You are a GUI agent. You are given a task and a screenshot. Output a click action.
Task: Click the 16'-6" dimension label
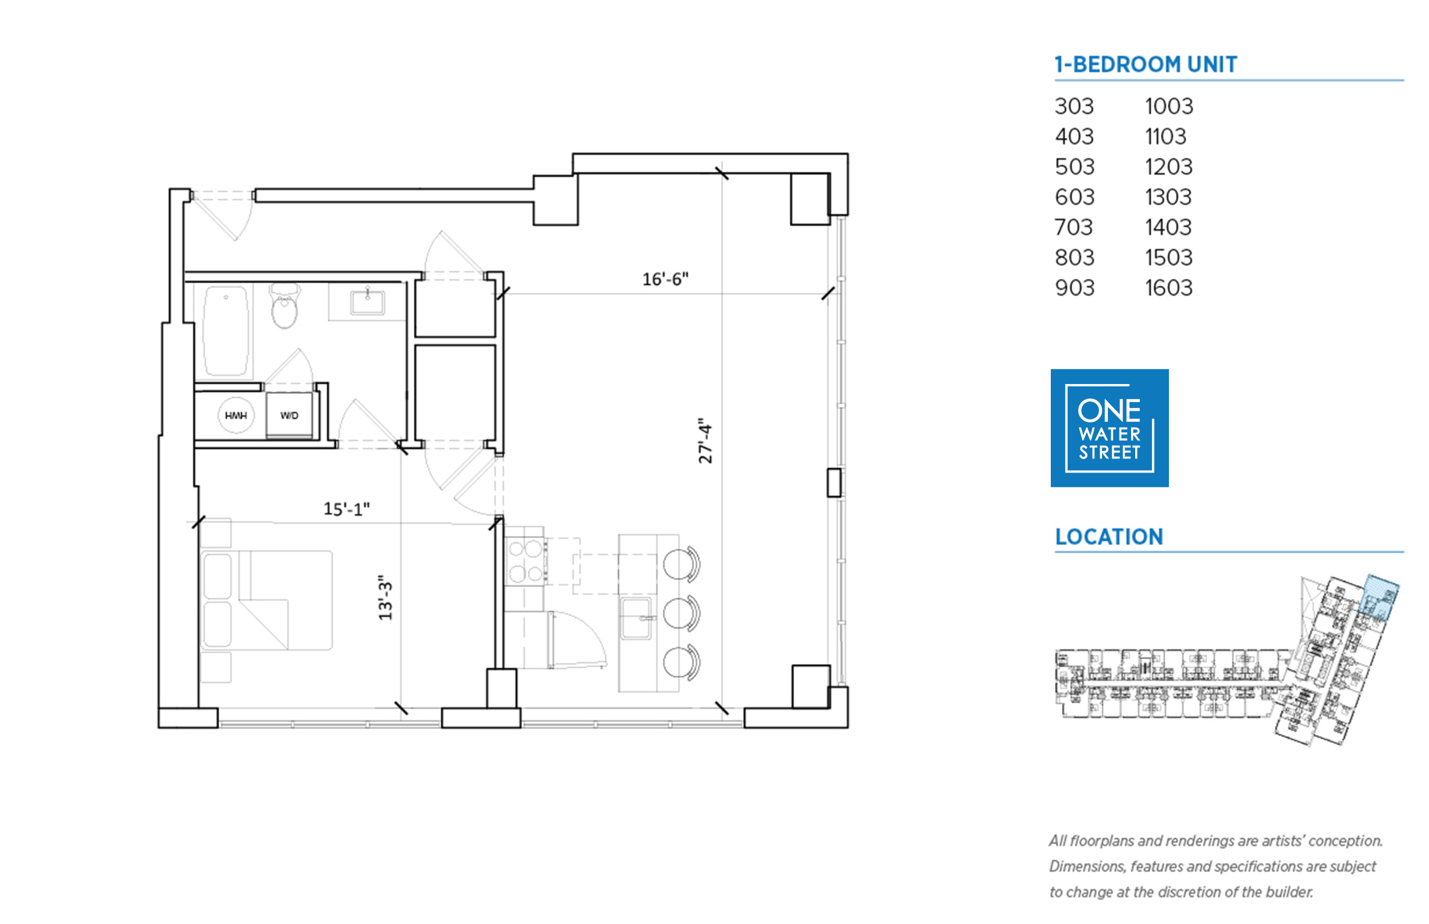(664, 279)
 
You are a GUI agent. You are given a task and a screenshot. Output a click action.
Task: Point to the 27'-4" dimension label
(705, 440)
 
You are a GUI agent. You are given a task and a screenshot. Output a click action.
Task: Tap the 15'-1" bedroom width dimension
(346, 509)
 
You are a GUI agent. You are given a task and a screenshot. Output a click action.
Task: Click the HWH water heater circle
(236, 415)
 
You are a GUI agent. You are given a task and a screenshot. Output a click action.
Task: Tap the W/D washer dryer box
(289, 415)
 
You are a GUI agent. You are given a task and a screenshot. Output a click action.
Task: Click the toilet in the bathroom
(285, 305)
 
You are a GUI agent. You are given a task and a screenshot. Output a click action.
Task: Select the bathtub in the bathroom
(226, 330)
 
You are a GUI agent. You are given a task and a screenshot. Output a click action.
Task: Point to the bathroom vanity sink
(367, 302)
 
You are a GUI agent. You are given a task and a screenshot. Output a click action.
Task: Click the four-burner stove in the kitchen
(525, 561)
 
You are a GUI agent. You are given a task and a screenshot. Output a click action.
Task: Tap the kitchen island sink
(636, 618)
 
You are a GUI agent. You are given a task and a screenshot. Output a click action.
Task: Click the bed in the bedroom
(266, 600)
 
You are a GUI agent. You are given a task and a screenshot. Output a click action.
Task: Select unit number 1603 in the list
(1168, 288)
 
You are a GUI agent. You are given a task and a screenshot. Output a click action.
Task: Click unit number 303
(1074, 106)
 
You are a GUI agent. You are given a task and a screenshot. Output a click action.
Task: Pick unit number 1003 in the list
(1169, 106)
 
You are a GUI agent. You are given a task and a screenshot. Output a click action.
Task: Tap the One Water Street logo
(1109, 428)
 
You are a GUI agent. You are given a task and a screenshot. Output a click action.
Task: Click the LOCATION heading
(1108, 536)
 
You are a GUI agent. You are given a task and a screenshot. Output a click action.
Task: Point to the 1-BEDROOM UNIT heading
(1145, 64)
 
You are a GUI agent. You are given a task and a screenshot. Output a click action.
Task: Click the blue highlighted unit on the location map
(1380, 597)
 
